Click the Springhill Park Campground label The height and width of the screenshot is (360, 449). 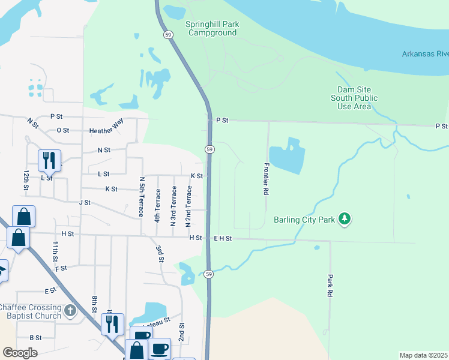pos(212,28)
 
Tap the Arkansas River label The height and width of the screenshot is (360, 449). pos(425,55)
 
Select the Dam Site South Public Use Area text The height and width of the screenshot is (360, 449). pos(354,98)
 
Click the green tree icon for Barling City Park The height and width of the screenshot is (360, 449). pos(345,220)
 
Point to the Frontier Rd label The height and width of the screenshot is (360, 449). pos(265,179)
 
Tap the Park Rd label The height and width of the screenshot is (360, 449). pos(330,286)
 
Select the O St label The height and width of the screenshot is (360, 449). pos(63,130)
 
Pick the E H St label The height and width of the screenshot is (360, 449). pos(222,238)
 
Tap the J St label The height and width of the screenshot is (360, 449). pos(84,203)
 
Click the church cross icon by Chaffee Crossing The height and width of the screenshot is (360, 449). pos(70,310)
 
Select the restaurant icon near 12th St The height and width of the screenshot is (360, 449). pos(49,161)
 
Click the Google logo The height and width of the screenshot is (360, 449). pos(20,352)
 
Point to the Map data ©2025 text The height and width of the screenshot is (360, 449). pos(423,355)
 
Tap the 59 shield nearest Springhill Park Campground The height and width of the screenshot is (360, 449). pos(168,35)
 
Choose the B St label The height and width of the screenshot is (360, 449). pos(35,338)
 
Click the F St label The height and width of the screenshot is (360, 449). pos(61,268)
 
